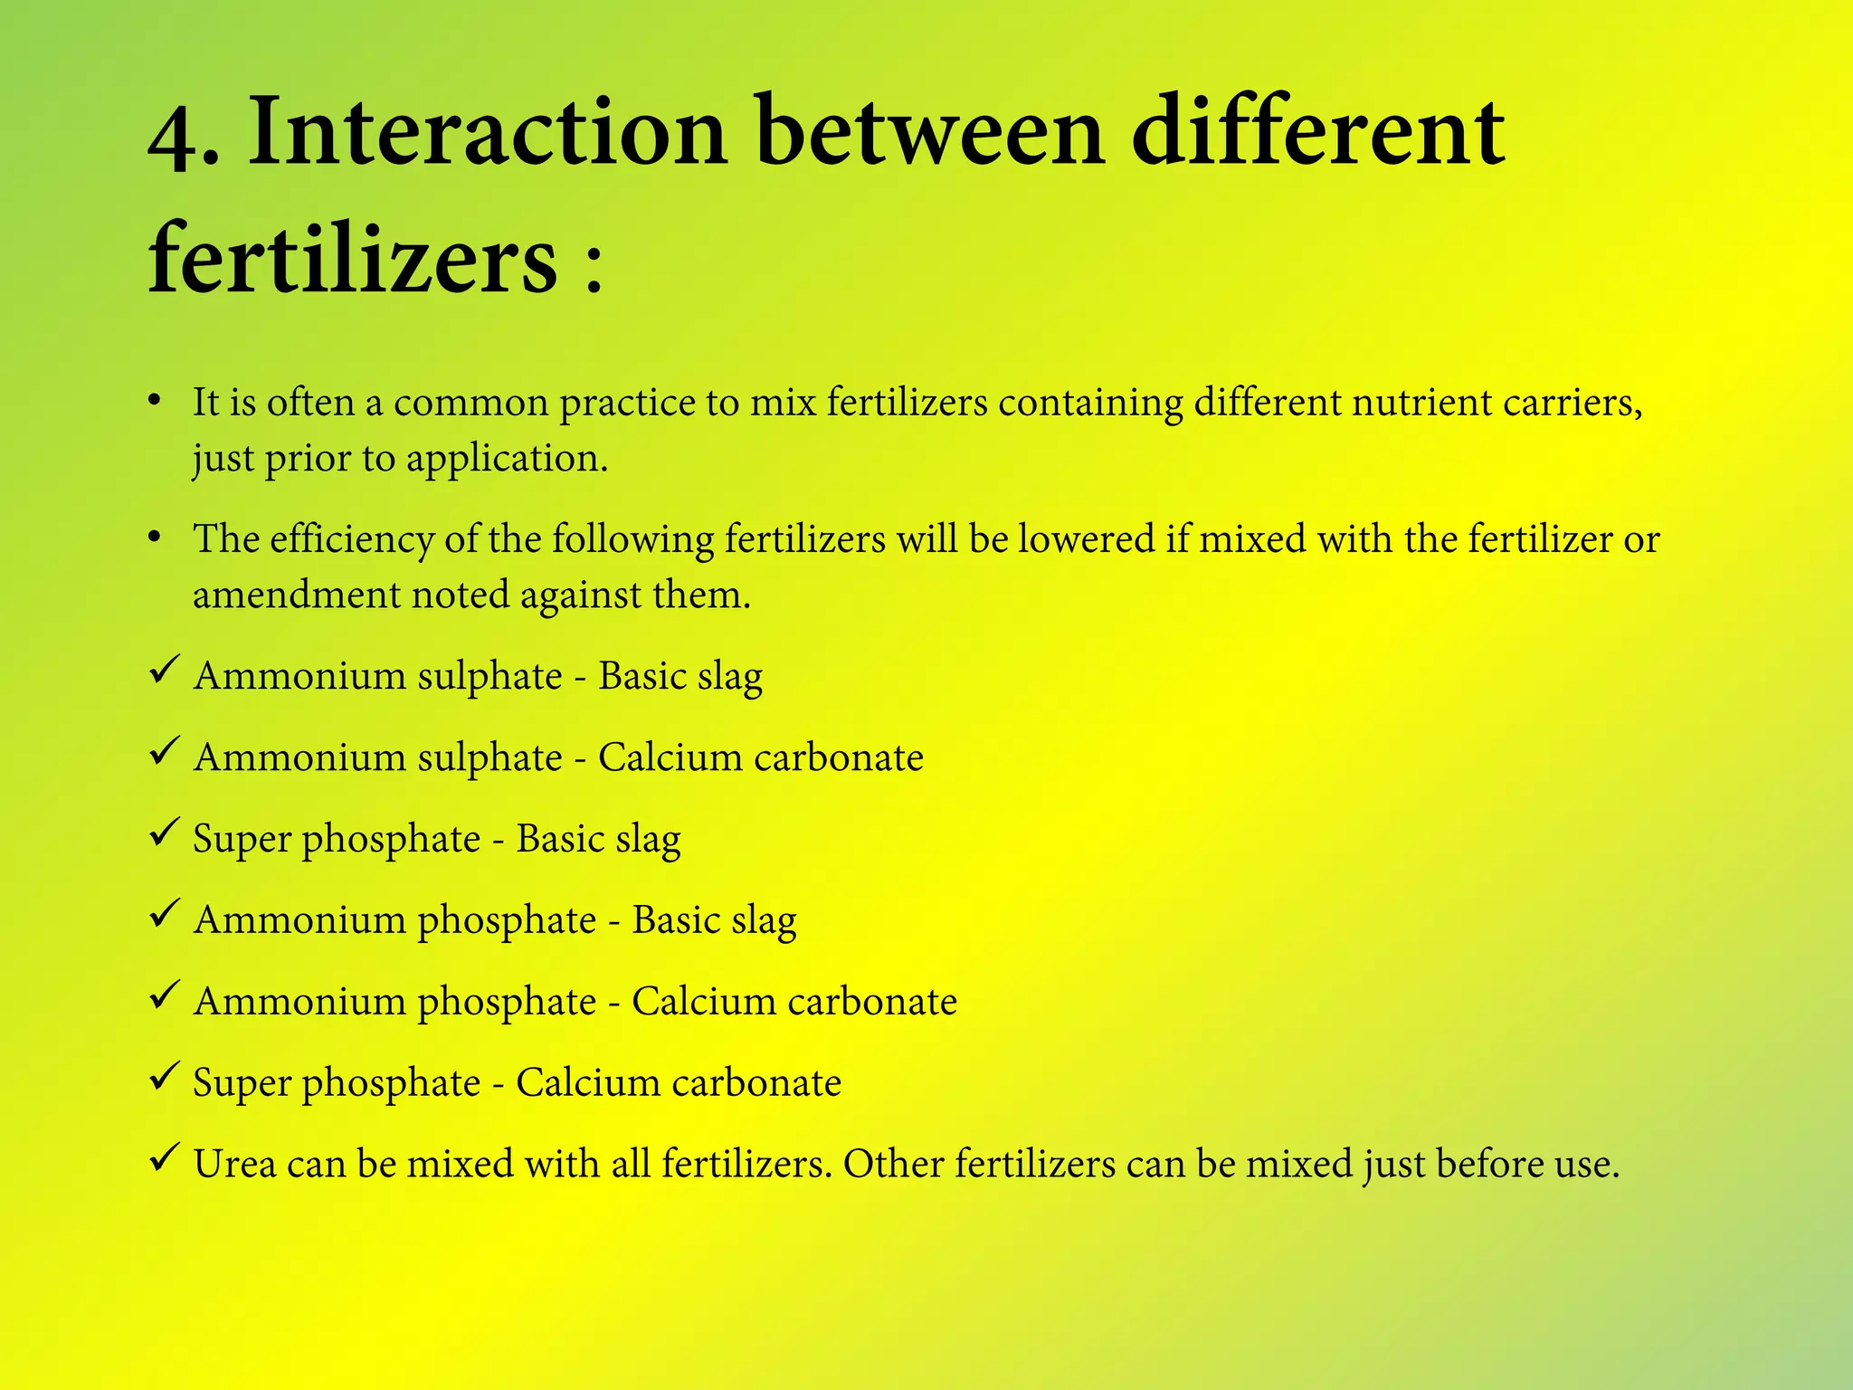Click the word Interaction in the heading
point(487,133)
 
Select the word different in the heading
point(1317,133)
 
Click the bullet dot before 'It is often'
point(155,399)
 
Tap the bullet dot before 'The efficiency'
point(155,537)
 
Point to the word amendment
point(296,595)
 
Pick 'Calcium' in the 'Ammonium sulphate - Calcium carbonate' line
point(670,757)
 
